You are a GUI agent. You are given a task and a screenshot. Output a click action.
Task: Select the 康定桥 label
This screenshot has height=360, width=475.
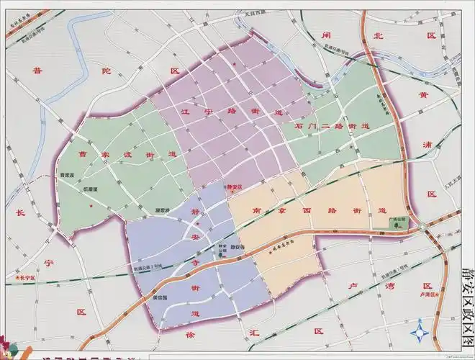pyautogui.click(x=162, y=211)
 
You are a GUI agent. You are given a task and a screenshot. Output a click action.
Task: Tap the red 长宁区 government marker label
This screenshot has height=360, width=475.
pyautogui.click(x=25, y=277)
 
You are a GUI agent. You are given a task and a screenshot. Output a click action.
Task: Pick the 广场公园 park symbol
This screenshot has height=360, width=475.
pyautogui.click(x=397, y=225)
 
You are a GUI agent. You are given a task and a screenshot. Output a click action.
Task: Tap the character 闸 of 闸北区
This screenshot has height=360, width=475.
pyautogui.click(x=326, y=35)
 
